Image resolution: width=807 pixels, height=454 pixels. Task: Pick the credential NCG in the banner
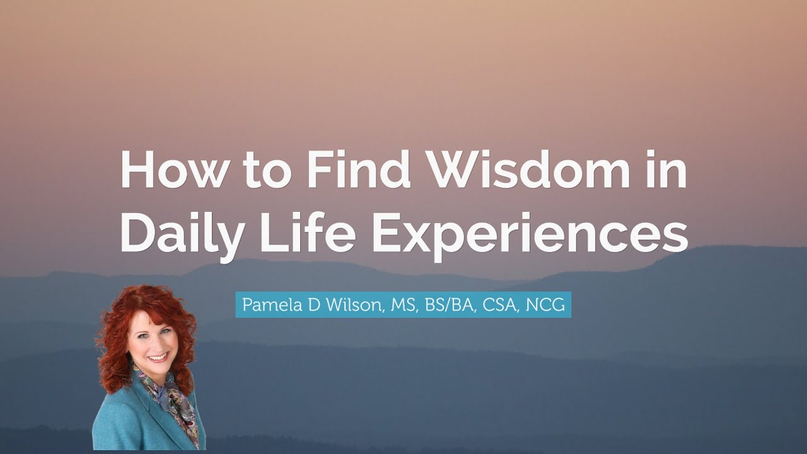545,305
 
